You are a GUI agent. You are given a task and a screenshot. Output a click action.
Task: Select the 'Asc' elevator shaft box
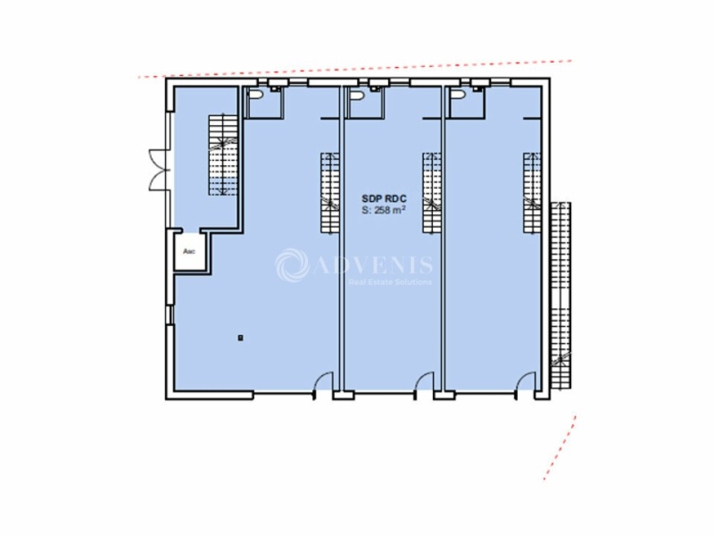pos(190,253)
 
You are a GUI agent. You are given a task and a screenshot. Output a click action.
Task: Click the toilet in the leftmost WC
pos(257,96)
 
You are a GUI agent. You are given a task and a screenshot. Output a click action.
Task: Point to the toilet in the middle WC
pos(357,96)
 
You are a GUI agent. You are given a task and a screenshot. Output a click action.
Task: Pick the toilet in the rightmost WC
pos(459,96)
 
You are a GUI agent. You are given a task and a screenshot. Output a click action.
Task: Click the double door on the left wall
pos(156,167)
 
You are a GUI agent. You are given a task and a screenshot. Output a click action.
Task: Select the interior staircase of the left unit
pos(328,191)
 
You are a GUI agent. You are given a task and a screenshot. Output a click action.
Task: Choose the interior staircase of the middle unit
pos(432,191)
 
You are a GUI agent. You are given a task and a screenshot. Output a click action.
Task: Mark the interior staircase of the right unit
pos(532,191)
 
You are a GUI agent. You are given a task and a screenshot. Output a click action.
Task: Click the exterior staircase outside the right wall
pos(561,295)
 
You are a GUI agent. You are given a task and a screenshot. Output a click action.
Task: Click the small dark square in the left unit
pos(240,337)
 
